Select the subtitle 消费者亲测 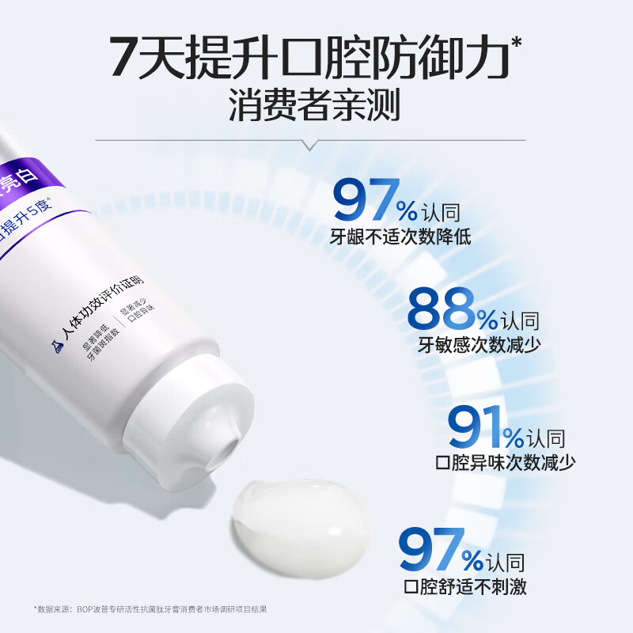314,107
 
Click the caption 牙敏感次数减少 473,344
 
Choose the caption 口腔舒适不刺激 464,586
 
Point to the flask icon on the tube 56,346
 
